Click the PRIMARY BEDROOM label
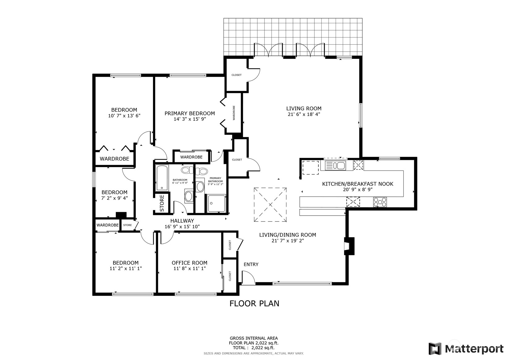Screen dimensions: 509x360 coord(190,113)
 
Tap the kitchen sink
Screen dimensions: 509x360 coord(335,165)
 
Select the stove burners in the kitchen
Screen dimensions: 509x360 coord(380,202)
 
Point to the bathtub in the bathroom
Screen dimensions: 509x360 coord(162,178)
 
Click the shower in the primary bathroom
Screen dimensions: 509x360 coord(217,203)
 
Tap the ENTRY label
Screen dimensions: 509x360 coord(251,264)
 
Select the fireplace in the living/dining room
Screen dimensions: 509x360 coord(349,246)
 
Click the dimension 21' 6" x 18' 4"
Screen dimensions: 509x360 coord(304,114)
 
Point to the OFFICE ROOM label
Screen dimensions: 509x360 coord(189,263)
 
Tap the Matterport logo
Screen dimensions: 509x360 coord(466,349)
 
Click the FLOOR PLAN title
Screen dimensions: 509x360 coord(254,303)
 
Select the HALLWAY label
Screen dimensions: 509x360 coord(182,221)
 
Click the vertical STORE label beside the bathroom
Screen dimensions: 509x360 coord(162,203)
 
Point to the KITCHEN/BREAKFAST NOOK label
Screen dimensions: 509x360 coord(358,184)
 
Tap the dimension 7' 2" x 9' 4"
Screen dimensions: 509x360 coord(115,198)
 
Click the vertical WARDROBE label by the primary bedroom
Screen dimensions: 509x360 coord(234,113)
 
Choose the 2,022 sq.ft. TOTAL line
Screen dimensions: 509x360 coord(254,348)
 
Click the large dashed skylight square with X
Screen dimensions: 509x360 coord(270,205)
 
